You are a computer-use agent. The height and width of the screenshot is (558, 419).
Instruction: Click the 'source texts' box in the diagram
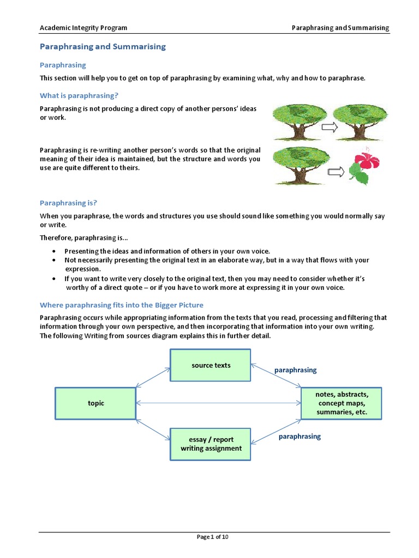[211, 365]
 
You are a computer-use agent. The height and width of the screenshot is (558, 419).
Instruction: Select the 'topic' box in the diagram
[95, 403]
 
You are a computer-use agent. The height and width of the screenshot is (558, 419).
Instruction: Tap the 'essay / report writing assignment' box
[211, 444]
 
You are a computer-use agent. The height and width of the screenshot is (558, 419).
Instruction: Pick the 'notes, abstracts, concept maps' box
[342, 403]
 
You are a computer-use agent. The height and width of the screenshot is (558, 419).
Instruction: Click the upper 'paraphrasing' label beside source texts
[295, 370]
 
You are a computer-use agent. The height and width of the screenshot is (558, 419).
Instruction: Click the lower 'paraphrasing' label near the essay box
[300, 436]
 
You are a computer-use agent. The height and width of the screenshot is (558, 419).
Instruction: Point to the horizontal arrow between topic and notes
[218, 403]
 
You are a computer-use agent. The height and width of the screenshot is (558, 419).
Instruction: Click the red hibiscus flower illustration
[367, 159]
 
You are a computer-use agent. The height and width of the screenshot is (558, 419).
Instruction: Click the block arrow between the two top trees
[330, 127]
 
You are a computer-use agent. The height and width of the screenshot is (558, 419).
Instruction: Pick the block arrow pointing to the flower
[336, 172]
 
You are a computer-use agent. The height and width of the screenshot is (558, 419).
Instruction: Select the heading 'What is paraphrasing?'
[79, 95]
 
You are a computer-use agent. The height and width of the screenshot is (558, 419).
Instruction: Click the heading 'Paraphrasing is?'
[68, 203]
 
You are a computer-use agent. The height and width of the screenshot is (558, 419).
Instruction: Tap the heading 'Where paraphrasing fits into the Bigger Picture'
[121, 305]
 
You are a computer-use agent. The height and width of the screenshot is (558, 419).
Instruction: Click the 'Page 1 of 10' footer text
[212, 537]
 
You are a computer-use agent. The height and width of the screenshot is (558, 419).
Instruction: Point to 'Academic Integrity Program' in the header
[83, 28]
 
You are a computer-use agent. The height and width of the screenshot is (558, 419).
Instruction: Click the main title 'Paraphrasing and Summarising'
[103, 47]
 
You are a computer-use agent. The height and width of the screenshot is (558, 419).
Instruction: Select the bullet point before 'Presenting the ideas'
[54, 251]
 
